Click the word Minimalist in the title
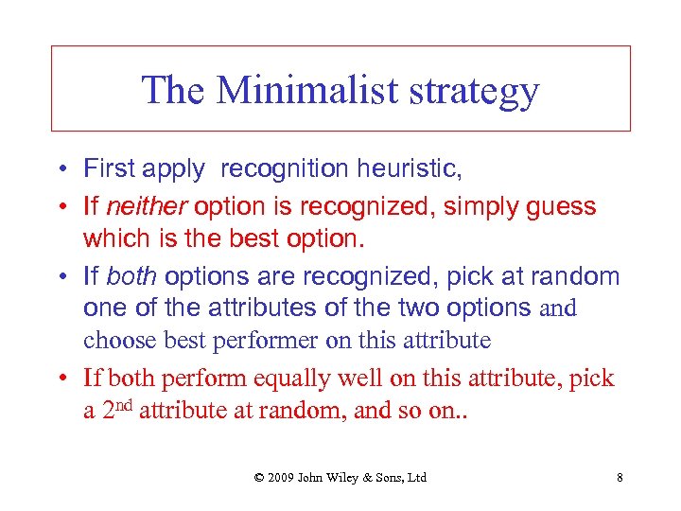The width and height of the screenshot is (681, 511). coord(295,90)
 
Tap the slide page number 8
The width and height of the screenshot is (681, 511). coord(620,477)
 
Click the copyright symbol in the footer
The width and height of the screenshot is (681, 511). coord(259,477)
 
